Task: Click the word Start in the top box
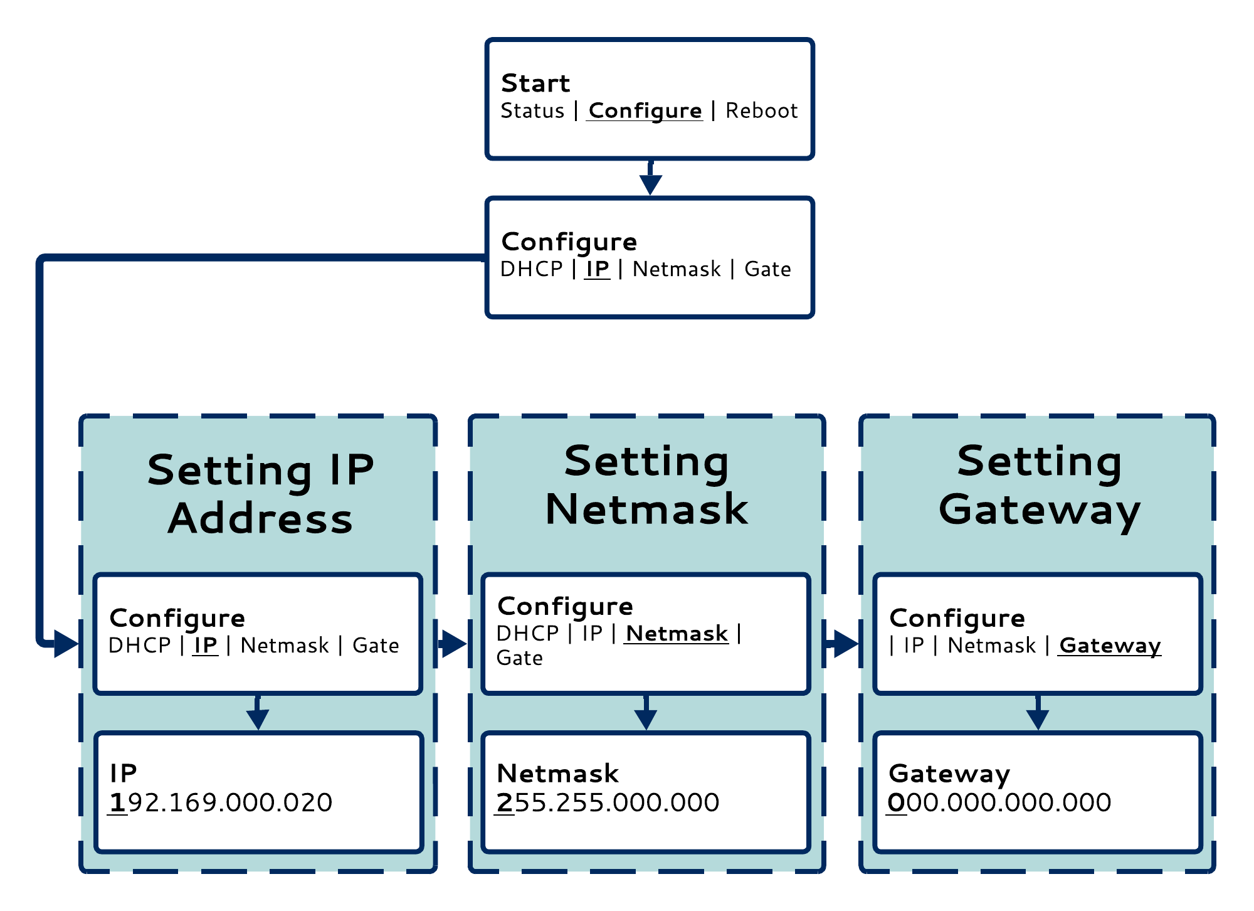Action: point(535,83)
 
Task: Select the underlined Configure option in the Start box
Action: point(645,111)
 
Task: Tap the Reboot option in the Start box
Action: point(762,111)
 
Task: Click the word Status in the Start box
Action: point(532,111)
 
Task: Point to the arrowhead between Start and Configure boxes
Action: point(650,184)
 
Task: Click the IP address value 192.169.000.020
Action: point(220,802)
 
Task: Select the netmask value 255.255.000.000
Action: point(607,802)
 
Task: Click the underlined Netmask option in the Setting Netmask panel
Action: point(677,634)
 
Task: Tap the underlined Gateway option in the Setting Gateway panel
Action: point(1110,646)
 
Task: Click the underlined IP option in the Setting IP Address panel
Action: point(206,646)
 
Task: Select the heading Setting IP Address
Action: point(260,494)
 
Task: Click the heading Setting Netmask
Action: point(646,485)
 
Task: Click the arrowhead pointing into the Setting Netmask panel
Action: point(455,644)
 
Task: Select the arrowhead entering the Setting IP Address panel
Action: point(66,644)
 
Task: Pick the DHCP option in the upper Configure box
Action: point(532,269)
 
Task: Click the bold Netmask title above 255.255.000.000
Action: point(557,774)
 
